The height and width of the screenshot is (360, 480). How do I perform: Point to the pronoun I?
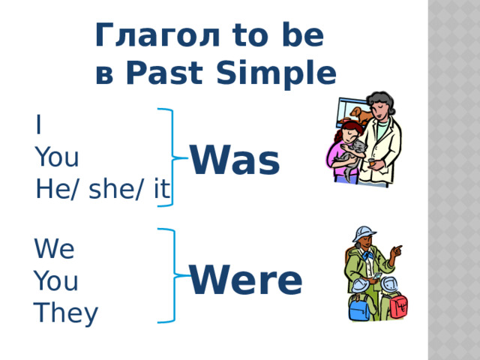click(x=38, y=125)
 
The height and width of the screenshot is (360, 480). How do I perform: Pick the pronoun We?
click(x=54, y=248)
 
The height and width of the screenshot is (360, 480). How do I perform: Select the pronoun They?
click(x=66, y=313)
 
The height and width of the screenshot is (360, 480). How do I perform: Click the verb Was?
click(x=235, y=160)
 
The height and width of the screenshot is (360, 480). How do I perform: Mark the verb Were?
click(x=246, y=280)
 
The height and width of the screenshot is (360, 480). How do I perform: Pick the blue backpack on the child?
click(x=357, y=307)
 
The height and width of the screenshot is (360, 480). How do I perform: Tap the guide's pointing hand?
click(x=397, y=250)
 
